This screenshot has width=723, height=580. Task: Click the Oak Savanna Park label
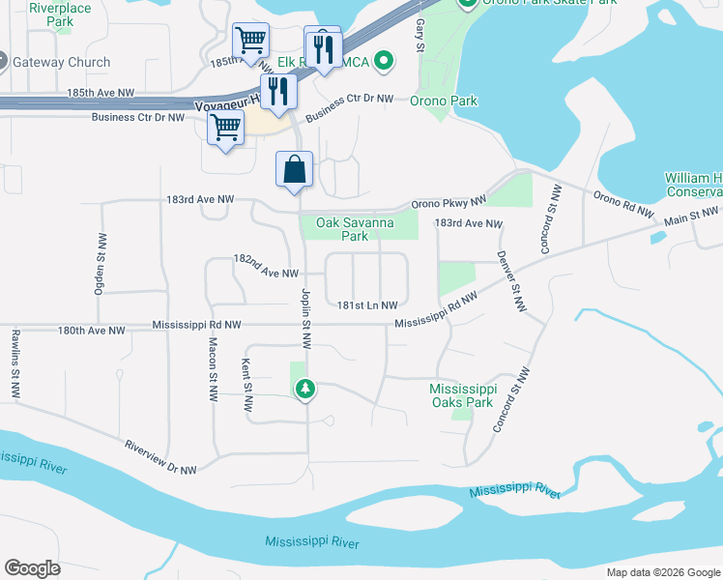tap(341, 228)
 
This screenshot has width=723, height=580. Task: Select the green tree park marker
tap(305, 389)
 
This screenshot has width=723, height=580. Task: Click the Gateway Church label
tap(61, 62)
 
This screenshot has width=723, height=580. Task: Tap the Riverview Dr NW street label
tap(160, 457)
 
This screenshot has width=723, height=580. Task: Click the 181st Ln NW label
tap(367, 304)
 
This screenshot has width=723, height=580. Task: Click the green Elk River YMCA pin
tap(384, 62)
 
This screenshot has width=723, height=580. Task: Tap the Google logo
tap(32, 568)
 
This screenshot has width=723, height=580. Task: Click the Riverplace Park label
tap(60, 14)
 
